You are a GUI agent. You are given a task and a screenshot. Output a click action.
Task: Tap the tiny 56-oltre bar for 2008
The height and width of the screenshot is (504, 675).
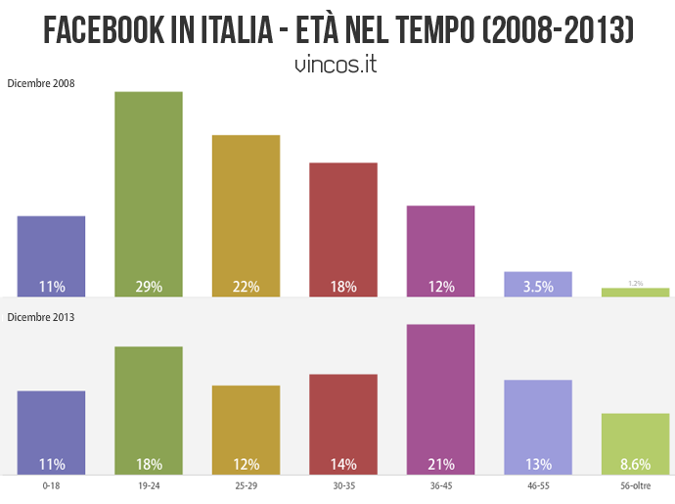(636, 292)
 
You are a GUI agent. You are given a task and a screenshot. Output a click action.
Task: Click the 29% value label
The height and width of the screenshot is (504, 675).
(149, 287)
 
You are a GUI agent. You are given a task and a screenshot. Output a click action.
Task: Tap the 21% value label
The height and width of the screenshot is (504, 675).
(440, 464)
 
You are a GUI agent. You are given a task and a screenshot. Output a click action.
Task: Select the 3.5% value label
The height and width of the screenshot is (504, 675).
(538, 287)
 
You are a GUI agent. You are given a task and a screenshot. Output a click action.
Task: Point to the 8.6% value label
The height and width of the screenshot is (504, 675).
(636, 464)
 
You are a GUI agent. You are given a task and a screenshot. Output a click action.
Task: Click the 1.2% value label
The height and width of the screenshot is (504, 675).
(636, 283)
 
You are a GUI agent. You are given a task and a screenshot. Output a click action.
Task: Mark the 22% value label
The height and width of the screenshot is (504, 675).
(246, 287)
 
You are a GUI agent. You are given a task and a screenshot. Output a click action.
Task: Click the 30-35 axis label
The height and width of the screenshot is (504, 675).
(342, 484)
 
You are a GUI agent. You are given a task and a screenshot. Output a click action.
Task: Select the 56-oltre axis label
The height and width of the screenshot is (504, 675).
(636, 484)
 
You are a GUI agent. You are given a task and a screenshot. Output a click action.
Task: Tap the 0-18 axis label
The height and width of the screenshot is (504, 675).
(51, 484)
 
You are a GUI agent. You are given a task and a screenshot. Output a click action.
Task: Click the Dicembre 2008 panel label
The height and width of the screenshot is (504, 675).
(41, 83)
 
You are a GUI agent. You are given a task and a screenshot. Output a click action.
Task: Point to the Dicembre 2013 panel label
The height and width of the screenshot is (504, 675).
(41, 317)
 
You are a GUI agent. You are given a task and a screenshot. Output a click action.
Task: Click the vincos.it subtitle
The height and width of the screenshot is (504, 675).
(336, 65)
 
